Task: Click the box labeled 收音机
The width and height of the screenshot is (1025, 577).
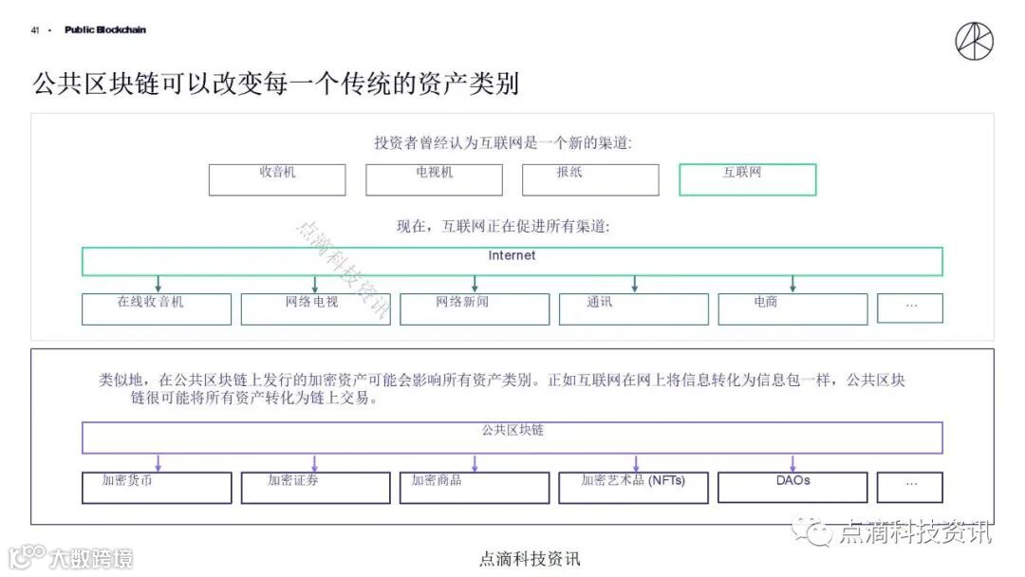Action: click(277, 179)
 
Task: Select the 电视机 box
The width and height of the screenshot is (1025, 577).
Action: click(434, 179)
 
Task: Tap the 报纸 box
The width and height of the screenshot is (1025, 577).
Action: click(589, 179)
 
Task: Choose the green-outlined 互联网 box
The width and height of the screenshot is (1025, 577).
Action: click(747, 179)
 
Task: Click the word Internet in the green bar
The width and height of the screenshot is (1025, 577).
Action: click(512, 256)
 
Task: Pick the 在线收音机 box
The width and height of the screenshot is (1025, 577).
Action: click(156, 308)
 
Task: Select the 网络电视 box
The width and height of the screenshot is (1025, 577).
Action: click(315, 308)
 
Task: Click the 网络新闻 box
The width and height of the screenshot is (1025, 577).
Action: click(474, 308)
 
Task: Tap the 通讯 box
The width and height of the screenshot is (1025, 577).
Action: click(633, 308)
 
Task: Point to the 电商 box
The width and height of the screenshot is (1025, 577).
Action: click(792, 308)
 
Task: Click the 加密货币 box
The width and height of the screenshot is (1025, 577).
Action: click(156, 487)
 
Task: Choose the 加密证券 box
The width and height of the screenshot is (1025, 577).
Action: click(315, 487)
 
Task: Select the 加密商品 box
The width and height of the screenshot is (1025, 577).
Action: click(474, 487)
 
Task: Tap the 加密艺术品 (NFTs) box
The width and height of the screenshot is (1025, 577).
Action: click(633, 487)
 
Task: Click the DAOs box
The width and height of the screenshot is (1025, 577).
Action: click(792, 487)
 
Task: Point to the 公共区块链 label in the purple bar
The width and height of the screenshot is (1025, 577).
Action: click(512, 431)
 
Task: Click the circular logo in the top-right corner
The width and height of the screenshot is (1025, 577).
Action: click(974, 41)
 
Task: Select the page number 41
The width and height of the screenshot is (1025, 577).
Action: click(35, 30)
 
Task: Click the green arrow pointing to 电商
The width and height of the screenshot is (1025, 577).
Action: click(792, 284)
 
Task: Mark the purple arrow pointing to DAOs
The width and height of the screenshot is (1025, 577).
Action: click(792, 462)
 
